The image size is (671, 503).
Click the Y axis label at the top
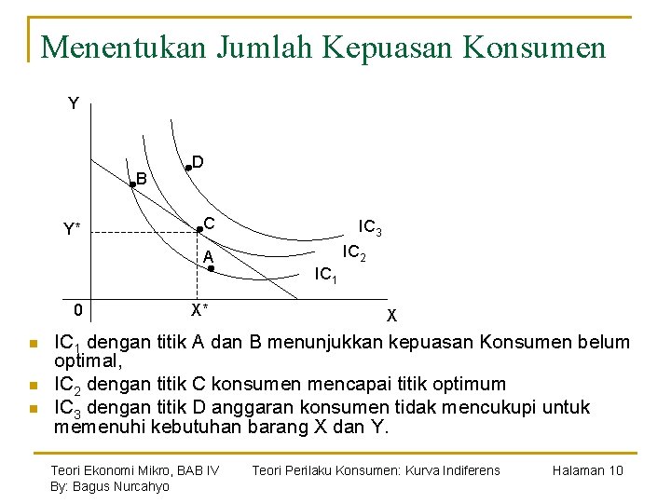(74, 103)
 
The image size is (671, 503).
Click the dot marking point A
(212, 268)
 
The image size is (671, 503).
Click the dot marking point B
(132, 185)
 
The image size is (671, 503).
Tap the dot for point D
(187, 168)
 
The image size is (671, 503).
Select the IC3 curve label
(370, 227)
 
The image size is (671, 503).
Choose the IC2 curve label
(353, 251)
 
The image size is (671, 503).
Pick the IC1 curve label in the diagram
(326, 275)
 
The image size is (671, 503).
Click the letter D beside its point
(199, 161)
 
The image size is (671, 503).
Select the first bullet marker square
(33, 344)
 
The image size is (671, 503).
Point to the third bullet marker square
(33, 408)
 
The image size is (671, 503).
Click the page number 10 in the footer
(615, 470)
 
